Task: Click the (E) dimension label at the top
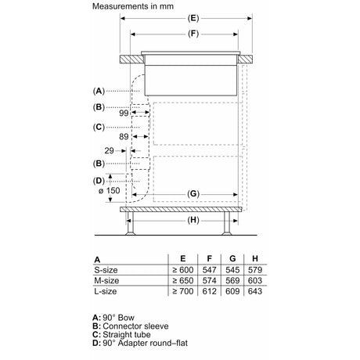(x=193, y=18)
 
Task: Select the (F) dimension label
(x=193, y=34)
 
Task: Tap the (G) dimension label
(x=193, y=194)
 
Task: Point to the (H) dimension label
(x=193, y=220)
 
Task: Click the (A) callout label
(x=99, y=91)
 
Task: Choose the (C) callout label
(x=99, y=127)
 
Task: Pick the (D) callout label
(x=99, y=181)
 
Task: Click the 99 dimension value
(x=124, y=113)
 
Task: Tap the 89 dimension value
(x=124, y=136)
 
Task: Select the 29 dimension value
(x=110, y=150)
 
